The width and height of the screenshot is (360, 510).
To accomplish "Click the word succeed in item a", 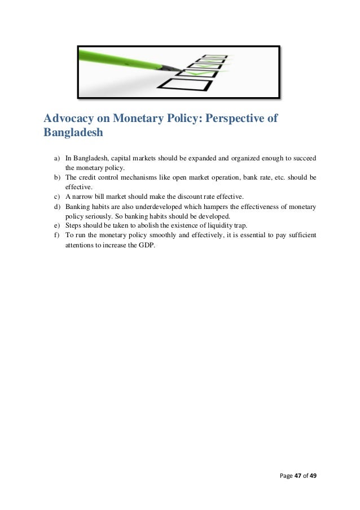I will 305,159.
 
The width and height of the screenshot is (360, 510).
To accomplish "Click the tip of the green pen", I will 181,70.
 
